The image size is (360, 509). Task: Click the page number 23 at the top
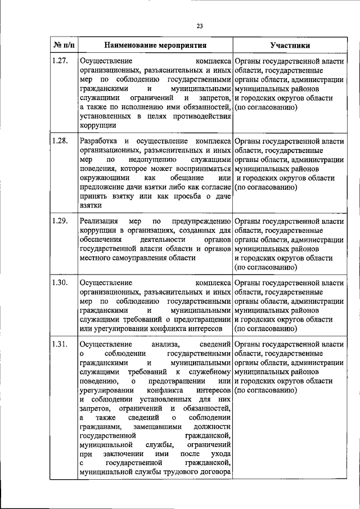200,25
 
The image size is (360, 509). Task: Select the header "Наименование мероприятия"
155,45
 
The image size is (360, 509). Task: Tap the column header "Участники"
289,45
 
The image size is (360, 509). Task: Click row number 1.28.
60,141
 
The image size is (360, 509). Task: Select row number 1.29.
60,220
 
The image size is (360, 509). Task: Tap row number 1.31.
60,344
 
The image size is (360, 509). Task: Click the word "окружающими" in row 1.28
102,178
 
